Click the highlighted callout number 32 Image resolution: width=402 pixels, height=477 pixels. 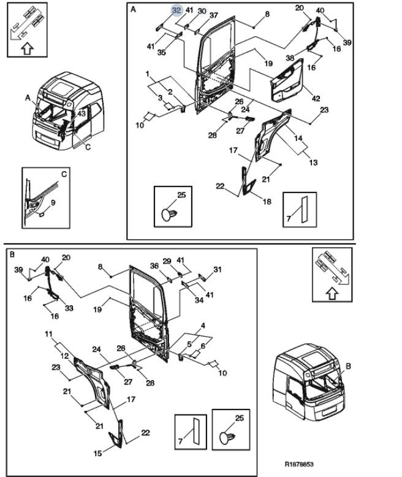(x=176, y=10)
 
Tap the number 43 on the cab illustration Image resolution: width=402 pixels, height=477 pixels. (x=82, y=113)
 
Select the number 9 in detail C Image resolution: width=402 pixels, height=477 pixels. (x=53, y=202)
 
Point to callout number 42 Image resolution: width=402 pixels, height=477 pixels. (x=316, y=98)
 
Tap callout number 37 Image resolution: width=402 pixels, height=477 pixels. (x=213, y=15)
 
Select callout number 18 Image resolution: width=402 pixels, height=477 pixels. (x=267, y=202)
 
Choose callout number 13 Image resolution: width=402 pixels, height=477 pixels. (x=314, y=163)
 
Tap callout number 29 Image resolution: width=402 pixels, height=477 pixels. (x=167, y=262)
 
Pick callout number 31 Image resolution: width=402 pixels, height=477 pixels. (x=218, y=269)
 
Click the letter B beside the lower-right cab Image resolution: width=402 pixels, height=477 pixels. (x=348, y=366)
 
